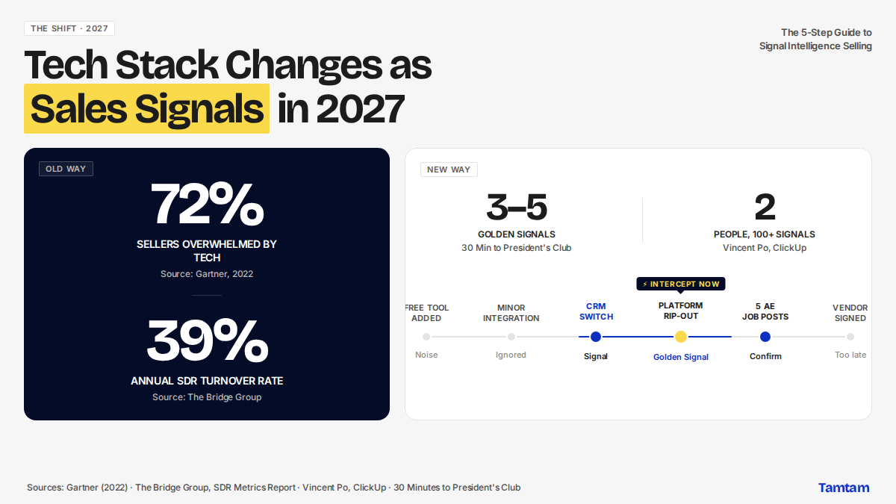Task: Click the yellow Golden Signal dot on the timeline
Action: [681, 337]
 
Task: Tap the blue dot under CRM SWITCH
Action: [596, 337]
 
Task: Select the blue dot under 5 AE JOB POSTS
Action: [765, 337]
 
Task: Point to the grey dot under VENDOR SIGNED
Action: [850, 337]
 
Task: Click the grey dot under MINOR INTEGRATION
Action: [511, 337]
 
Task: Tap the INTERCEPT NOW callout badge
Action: [681, 284]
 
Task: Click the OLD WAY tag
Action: [66, 169]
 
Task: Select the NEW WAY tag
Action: [449, 169]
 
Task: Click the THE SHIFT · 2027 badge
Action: [69, 28]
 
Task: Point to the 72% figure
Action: [207, 204]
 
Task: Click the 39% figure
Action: [207, 340]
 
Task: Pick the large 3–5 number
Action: [517, 208]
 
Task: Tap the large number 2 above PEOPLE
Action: [765, 208]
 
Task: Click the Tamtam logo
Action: [844, 488]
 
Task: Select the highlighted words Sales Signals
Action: [147, 108]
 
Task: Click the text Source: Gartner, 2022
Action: [207, 274]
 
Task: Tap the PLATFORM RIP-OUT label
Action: [681, 311]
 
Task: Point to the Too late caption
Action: [850, 355]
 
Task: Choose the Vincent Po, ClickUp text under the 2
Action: [765, 248]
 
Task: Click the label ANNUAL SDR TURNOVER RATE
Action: [207, 381]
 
